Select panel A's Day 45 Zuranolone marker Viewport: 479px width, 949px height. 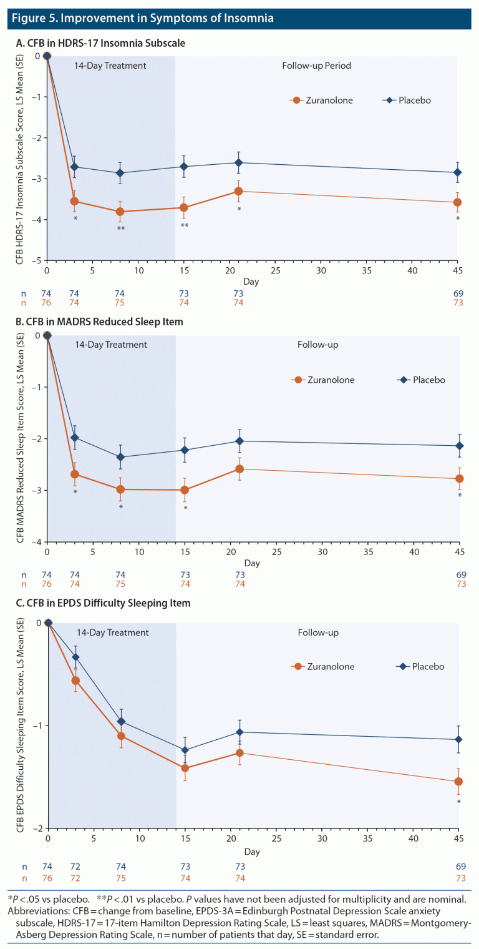coord(458,202)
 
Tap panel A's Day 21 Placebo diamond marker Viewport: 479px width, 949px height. coord(238,162)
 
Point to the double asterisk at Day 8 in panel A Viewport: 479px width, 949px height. coord(120,229)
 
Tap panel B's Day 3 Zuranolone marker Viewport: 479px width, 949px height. coord(75,474)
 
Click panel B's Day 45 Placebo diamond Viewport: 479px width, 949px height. coord(458,445)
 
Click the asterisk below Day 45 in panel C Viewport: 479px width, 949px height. coord(458,802)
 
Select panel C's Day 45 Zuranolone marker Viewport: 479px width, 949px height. coord(458,781)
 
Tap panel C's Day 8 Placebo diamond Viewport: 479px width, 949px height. coord(120,721)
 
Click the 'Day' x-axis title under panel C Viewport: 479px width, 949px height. coord(251,852)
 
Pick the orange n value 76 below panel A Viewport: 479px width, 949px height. coord(47,303)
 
